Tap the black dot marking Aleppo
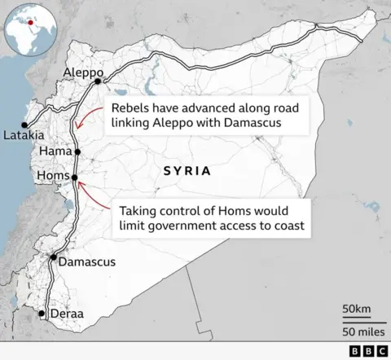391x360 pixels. pyautogui.click(x=98, y=81)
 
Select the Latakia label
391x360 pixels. pyautogui.click(x=24, y=134)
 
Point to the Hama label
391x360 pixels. pyautogui.click(x=55, y=151)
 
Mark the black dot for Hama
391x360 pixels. pyautogui.click(x=77, y=151)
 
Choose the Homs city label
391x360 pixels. pyautogui.click(x=54, y=176)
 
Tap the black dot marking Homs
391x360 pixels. pyautogui.click(x=74, y=177)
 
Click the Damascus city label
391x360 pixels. pyautogui.click(x=86, y=262)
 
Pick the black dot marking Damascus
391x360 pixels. pyautogui.click(x=54, y=257)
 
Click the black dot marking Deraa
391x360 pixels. pyautogui.click(x=43, y=313)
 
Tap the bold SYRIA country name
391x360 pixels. pyautogui.click(x=187, y=171)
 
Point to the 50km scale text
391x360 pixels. pyautogui.click(x=357, y=309)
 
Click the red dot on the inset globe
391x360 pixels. pyautogui.click(x=31, y=23)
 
